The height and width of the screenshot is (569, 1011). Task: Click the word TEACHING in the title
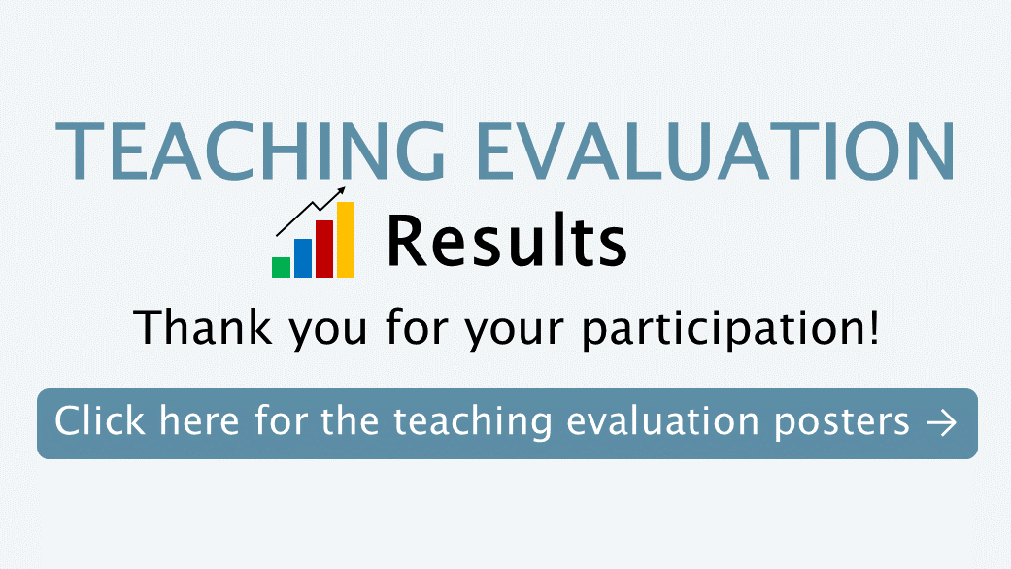tap(251, 151)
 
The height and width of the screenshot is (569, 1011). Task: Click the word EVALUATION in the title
tap(716, 151)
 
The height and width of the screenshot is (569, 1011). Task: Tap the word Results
tap(507, 241)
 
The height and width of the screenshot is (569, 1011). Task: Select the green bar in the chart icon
tap(281, 267)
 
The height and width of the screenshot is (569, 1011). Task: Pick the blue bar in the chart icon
tap(303, 257)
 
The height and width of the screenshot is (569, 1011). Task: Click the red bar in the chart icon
tap(324, 249)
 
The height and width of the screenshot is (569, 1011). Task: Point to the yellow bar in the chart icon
tap(346, 240)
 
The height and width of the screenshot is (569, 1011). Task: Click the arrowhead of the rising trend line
tap(342, 190)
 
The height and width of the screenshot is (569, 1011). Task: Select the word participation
tap(723, 330)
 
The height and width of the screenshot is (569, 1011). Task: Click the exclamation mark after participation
tap(874, 326)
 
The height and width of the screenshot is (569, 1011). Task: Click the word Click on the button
tap(100, 420)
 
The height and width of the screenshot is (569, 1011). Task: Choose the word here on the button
tap(199, 420)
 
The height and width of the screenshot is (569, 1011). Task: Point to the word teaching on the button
tap(473, 423)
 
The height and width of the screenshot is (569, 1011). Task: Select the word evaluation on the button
tap(662, 420)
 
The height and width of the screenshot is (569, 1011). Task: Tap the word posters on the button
tap(841, 423)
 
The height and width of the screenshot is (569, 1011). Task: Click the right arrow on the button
tap(941, 422)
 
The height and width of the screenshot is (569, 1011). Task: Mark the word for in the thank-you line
tap(417, 326)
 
